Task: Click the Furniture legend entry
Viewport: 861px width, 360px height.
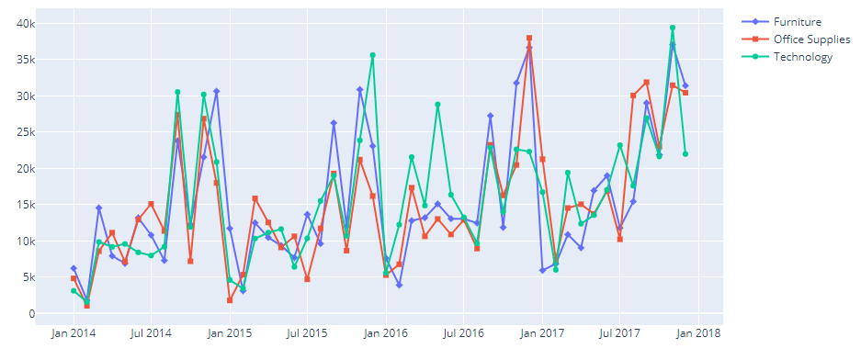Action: click(x=797, y=22)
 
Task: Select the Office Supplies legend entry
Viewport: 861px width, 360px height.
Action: click(x=811, y=39)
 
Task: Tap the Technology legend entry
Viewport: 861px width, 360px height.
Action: click(x=802, y=57)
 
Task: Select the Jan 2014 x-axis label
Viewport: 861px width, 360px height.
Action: click(x=73, y=333)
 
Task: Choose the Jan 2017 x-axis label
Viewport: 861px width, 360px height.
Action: click(x=543, y=333)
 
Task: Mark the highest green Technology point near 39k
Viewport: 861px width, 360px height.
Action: click(x=673, y=28)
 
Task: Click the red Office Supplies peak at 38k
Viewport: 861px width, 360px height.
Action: click(x=529, y=39)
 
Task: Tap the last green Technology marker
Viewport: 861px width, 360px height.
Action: click(x=685, y=154)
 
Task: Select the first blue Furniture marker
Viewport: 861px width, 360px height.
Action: click(x=74, y=268)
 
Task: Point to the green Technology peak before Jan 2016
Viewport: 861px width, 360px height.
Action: click(x=372, y=55)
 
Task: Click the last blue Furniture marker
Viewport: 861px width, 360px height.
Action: click(x=685, y=85)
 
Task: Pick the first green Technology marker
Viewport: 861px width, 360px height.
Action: click(x=74, y=291)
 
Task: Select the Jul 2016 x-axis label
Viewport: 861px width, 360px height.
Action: click(x=465, y=333)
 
